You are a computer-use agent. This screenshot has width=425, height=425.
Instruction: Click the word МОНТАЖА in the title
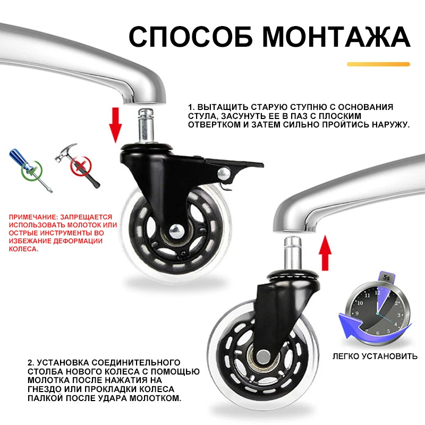pyautogui.click(x=336, y=37)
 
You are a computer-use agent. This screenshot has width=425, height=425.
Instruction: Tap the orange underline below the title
pyautogui.click(x=378, y=64)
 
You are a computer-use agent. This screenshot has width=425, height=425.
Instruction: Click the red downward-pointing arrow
pyautogui.click(x=115, y=125)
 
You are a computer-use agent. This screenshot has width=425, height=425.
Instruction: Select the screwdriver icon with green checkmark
pyautogui.click(x=31, y=170)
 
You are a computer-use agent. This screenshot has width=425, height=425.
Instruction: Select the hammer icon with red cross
pyautogui.click(x=79, y=165)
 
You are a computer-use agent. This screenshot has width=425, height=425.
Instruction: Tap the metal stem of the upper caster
pyautogui.click(x=146, y=126)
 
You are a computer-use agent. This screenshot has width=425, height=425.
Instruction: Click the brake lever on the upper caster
pyautogui.click(x=233, y=165)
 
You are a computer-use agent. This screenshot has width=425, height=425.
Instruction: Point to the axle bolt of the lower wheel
pyautogui.click(x=262, y=356)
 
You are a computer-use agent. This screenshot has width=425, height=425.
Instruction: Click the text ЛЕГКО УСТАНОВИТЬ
pyautogui.click(x=375, y=356)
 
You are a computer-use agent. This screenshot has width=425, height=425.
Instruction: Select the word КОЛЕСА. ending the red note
pyautogui.click(x=23, y=249)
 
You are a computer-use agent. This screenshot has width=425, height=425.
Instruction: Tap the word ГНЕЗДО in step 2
pyautogui.click(x=45, y=389)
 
